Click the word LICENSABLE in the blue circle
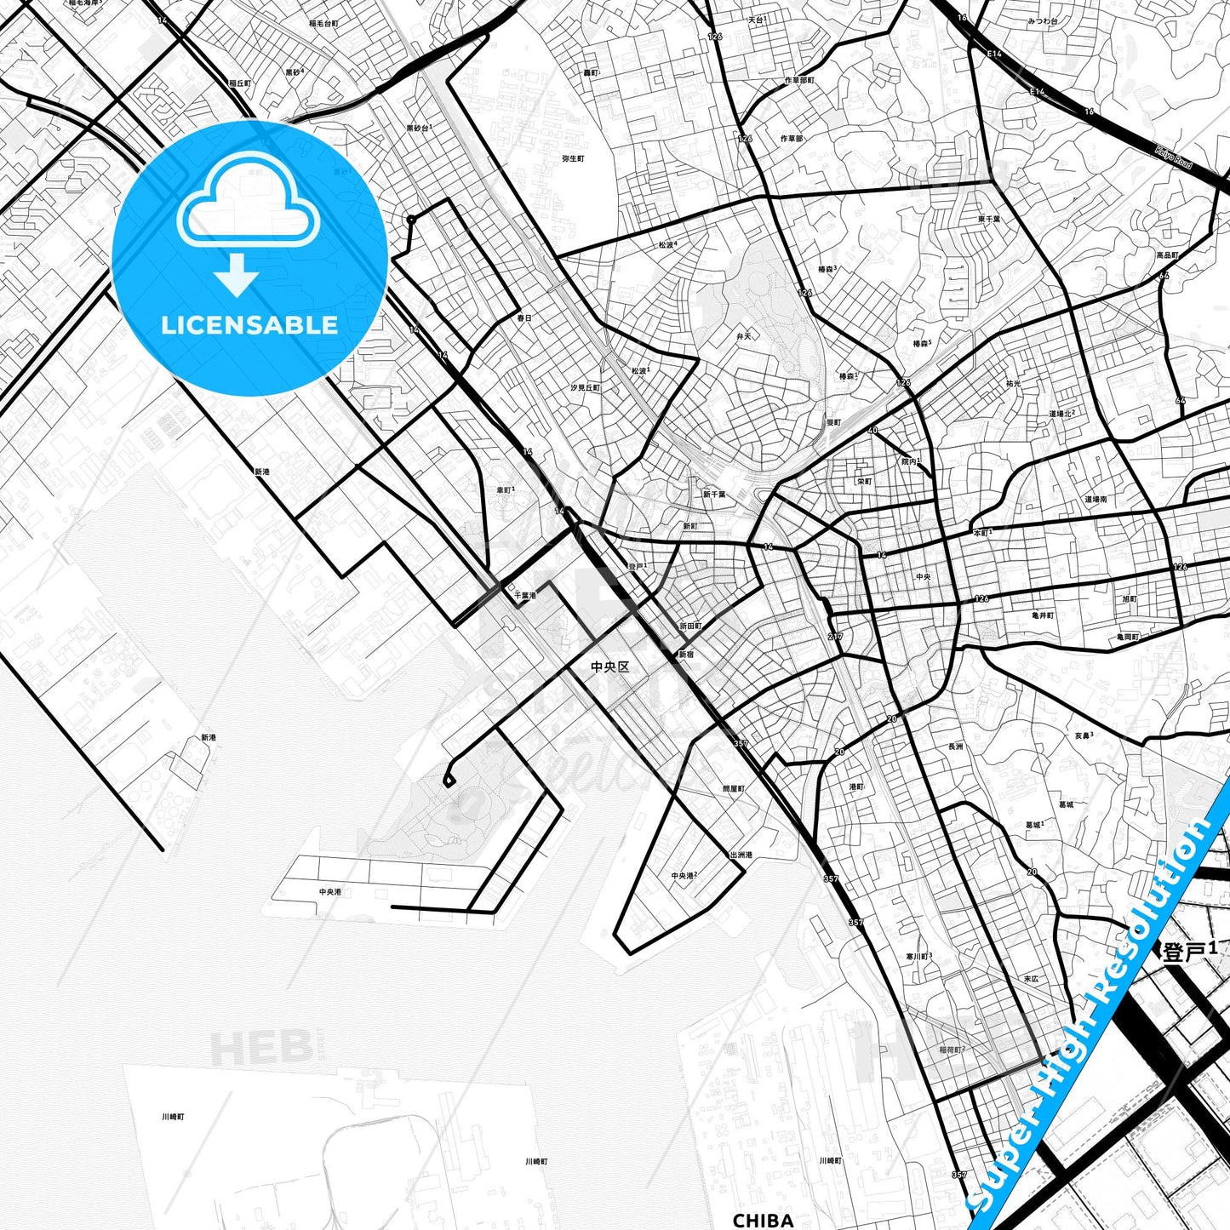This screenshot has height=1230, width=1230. tap(249, 324)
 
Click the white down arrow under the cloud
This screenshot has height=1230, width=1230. tap(237, 277)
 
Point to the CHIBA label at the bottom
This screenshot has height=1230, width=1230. tap(763, 1220)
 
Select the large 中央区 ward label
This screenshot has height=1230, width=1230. tap(610, 666)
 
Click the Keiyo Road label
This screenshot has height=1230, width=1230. tap(1174, 157)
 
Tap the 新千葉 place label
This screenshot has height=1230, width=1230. tap(714, 495)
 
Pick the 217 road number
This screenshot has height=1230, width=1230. tap(834, 637)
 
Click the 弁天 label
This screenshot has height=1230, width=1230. tap(744, 336)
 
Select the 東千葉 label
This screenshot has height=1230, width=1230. tap(989, 219)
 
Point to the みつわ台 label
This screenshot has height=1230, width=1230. tap(1042, 20)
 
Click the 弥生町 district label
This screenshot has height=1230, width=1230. tap(573, 158)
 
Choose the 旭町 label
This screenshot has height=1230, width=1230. tap(1130, 599)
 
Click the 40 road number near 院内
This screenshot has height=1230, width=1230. tap(872, 431)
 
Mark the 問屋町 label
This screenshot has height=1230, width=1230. tap(733, 789)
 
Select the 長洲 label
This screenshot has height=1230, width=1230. tap(955, 747)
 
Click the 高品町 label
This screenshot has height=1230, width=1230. tap(1167, 255)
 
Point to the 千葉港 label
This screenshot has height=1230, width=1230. tap(524, 596)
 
